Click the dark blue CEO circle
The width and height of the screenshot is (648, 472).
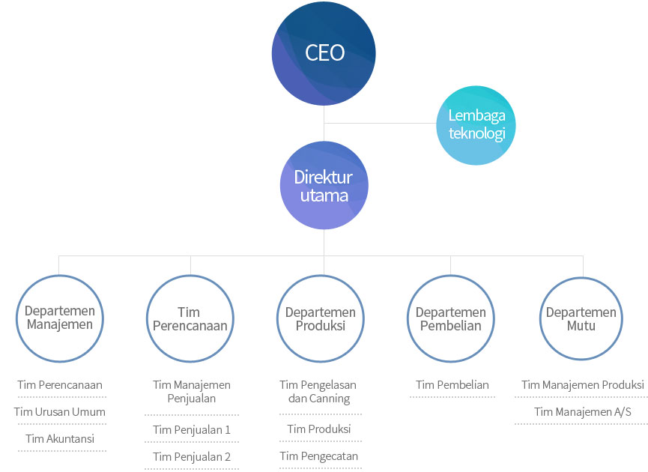324,53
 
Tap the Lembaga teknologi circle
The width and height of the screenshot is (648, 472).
476,125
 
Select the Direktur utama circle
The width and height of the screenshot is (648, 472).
324,185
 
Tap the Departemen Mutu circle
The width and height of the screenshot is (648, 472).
581,277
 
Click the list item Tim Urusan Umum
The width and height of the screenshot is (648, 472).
59,412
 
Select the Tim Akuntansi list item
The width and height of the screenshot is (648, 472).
60,439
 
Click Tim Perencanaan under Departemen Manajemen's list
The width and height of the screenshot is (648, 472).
60,385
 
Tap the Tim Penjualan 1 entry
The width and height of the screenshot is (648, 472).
192,430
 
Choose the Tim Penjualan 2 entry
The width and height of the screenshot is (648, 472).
192,457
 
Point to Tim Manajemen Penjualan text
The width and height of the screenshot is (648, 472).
192,392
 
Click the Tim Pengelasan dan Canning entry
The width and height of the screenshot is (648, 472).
318,392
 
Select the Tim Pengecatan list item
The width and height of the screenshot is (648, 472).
318,456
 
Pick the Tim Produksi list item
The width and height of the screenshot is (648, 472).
319,429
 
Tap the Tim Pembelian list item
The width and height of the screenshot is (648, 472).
452,385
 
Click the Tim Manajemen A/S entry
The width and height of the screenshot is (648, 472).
583,412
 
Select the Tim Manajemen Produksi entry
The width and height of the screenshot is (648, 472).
583,385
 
